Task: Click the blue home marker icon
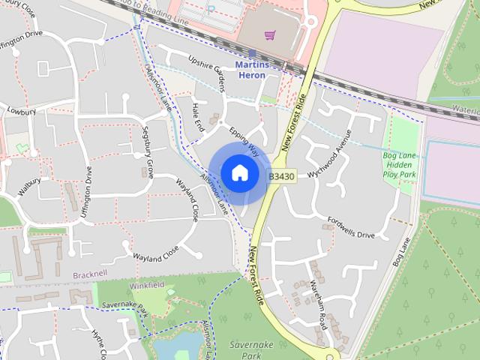pos(238,172)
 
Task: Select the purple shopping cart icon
pos(270,34)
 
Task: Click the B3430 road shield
pos(282,176)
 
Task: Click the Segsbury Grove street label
pos(148,152)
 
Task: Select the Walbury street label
pos(29,185)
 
